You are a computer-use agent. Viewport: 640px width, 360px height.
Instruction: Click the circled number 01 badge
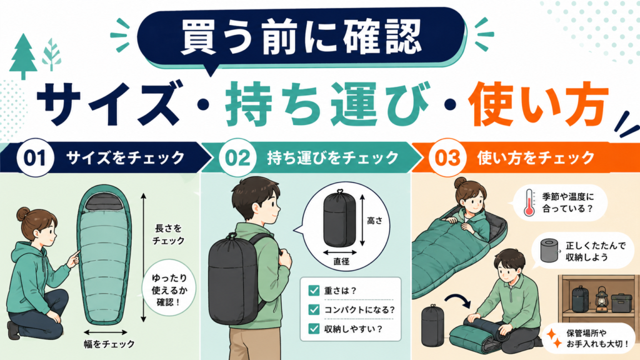(x=35, y=157)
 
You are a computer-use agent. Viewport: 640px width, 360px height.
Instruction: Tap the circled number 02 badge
(x=237, y=157)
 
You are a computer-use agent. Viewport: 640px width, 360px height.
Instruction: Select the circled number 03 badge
(x=447, y=157)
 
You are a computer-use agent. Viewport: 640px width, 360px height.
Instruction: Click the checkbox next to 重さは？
(x=314, y=291)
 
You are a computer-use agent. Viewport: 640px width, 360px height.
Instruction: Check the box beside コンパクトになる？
(x=314, y=310)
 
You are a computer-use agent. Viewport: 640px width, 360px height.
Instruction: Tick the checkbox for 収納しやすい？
(x=314, y=329)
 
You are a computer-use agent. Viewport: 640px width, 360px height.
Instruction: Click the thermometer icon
(x=529, y=202)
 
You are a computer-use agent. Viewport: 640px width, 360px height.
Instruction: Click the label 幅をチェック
(x=109, y=344)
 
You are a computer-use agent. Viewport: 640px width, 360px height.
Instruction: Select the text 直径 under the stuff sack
(x=341, y=262)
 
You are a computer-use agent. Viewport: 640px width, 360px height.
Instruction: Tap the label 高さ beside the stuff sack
(x=375, y=221)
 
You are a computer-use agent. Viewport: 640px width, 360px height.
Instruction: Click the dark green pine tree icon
(x=23, y=56)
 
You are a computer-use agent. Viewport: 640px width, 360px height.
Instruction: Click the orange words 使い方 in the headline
(x=537, y=104)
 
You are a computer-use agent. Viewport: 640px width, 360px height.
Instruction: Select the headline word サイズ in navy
(x=108, y=104)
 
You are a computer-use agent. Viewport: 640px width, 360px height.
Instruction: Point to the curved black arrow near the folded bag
(x=458, y=301)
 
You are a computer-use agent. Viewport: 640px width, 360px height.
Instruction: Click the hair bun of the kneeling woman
(x=23, y=213)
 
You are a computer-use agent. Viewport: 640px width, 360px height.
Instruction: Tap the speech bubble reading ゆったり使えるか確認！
(x=169, y=290)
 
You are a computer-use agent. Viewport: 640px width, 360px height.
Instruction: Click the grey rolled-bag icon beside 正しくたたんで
(x=549, y=251)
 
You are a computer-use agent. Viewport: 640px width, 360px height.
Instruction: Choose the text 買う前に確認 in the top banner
(x=301, y=37)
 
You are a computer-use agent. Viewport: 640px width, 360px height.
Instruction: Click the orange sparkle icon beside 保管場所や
(x=554, y=339)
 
